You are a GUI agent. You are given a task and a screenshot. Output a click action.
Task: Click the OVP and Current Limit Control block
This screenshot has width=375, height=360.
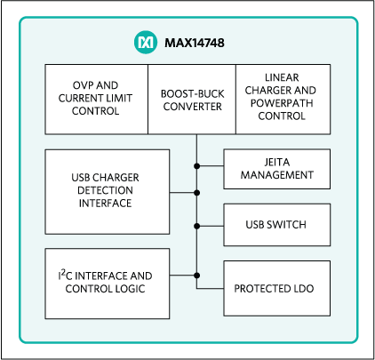[95, 98]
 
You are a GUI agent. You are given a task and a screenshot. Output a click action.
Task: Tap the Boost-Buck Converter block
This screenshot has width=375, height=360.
[191, 98]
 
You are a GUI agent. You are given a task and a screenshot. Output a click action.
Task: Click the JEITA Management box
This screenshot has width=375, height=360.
[276, 167]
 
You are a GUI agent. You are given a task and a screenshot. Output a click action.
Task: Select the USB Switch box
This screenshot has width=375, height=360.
[276, 224]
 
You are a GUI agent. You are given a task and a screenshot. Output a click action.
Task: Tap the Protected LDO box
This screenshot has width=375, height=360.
[276, 289]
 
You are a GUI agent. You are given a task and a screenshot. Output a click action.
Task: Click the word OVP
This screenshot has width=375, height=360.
[69, 85]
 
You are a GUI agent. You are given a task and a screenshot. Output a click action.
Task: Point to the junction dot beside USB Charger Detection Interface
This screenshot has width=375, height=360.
[196, 190]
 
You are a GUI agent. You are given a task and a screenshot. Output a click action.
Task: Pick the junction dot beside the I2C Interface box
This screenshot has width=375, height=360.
[196, 276]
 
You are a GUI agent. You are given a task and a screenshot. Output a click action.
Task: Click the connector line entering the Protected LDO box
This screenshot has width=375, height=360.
[210, 289]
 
